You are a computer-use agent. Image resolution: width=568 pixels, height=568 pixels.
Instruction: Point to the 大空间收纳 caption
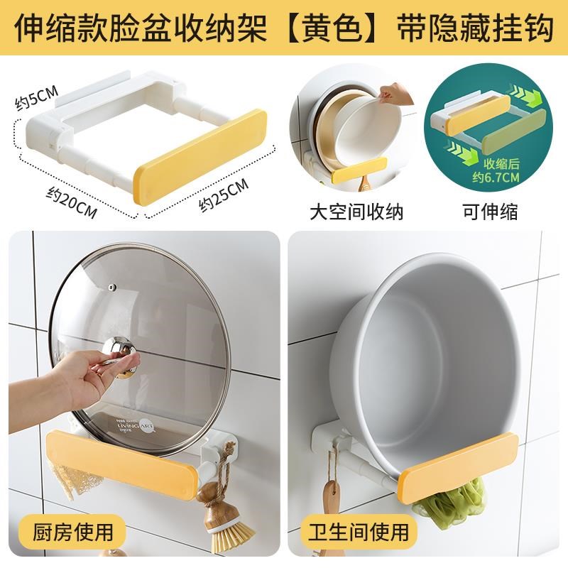357,211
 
